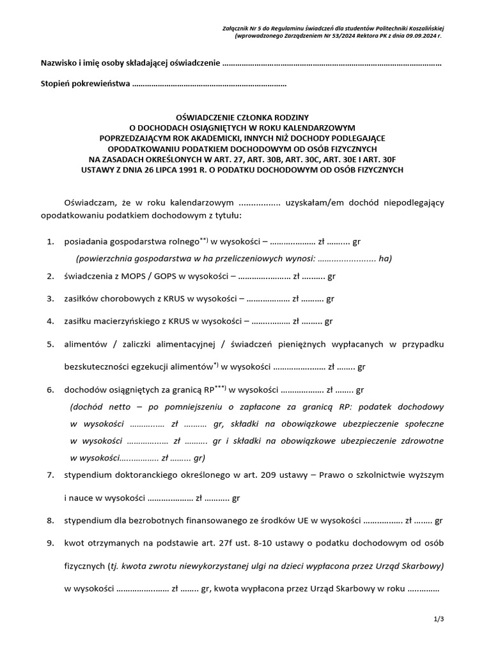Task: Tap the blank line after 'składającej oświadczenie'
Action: (x=332, y=64)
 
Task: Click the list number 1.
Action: (x=51, y=242)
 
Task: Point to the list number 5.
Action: (x=51, y=344)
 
